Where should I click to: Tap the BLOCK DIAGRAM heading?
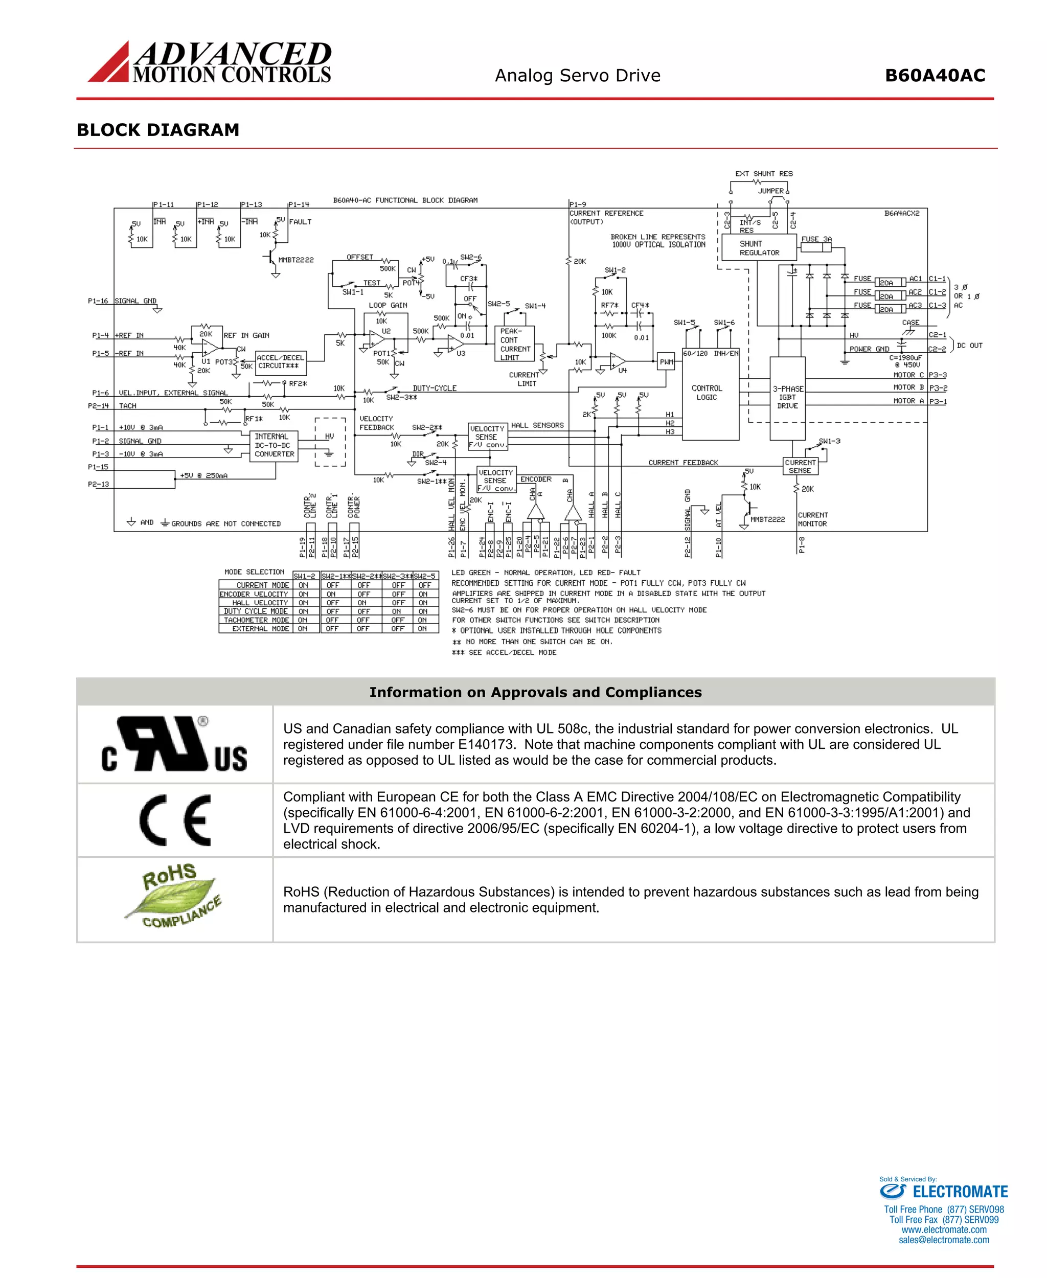[158, 130]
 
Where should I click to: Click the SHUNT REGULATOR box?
[759, 248]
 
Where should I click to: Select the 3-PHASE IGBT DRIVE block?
[787, 397]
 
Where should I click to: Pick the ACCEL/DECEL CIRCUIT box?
[281, 362]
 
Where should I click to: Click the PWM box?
[666, 362]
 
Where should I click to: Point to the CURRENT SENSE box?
[800, 466]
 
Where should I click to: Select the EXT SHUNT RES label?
[764, 174]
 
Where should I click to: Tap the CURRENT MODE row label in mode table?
[262, 585]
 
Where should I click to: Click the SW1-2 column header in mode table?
[305, 576]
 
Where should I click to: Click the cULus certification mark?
[174, 744]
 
